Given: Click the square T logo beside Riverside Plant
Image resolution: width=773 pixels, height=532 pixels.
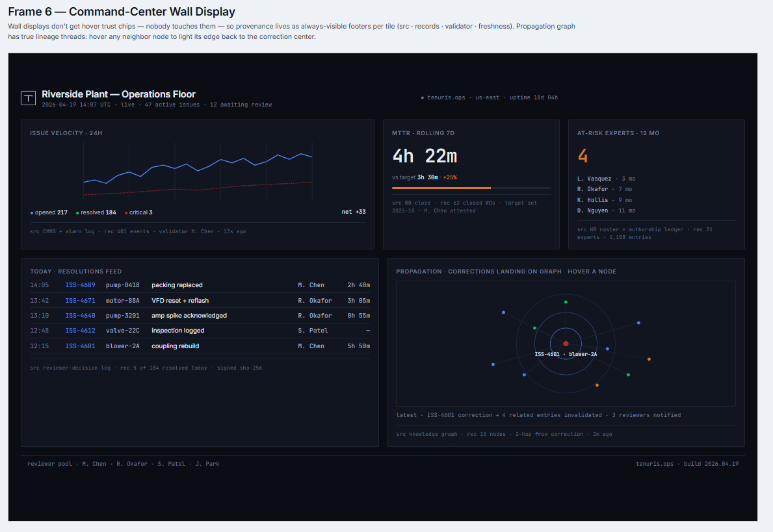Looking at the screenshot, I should [x=29, y=98].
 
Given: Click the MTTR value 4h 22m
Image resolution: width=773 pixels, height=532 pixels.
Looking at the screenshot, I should [x=425, y=157].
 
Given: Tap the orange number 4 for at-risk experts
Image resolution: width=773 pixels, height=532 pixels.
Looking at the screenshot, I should [x=583, y=157].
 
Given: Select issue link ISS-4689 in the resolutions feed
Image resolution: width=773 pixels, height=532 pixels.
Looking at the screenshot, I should [x=80, y=285].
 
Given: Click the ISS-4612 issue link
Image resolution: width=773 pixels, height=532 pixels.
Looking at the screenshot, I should [x=80, y=331].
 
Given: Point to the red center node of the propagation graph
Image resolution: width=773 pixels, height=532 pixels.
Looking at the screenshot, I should [x=566, y=343].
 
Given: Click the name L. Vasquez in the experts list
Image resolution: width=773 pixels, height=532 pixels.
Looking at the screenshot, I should [x=594, y=179].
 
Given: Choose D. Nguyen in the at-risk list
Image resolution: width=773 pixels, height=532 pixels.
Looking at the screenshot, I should [x=593, y=210].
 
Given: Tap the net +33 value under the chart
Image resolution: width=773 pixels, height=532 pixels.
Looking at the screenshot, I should [x=354, y=212].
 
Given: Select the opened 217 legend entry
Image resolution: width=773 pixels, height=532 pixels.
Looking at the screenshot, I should [x=49, y=212].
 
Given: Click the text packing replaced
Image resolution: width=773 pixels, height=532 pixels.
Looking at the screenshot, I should [x=177, y=285].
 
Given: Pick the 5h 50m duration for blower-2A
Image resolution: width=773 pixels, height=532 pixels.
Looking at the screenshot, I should [x=358, y=346].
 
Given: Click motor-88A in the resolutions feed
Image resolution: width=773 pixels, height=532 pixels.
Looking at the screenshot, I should [x=123, y=301].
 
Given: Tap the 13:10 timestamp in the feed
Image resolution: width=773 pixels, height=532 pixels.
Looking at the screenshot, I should [x=39, y=316].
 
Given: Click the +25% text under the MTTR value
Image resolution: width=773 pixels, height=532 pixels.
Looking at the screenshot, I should [x=450, y=177].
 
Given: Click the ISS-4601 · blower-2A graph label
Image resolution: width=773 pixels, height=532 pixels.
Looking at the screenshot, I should [x=566, y=354].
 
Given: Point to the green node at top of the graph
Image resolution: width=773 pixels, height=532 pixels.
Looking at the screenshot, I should [x=566, y=302].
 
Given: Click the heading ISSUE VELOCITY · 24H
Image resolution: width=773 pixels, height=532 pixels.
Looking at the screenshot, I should [x=66, y=133].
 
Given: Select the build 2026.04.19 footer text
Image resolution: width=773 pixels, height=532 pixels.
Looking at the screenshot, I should [x=711, y=464].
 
